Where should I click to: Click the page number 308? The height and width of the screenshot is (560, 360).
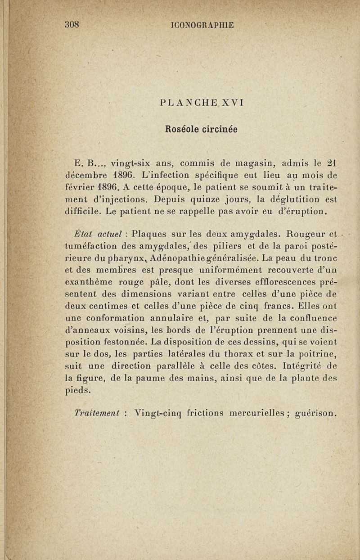click(72, 25)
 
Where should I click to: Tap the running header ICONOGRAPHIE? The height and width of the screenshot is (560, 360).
click(203, 25)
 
